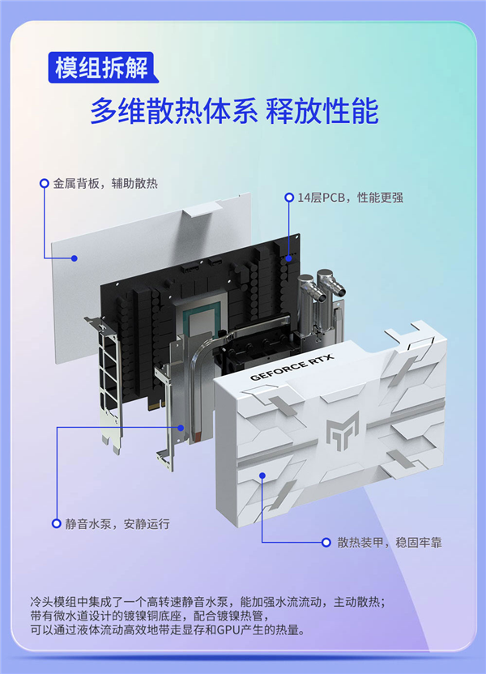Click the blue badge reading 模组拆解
[x=101, y=68]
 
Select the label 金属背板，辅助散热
[x=105, y=184]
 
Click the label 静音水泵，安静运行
[x=117, y=523]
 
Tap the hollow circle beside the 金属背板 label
[x=44, y=184]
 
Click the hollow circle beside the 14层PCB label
[x=288, y=197]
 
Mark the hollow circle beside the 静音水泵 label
[x=56, y=523]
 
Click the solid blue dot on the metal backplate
[x=75, y=258]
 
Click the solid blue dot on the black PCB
[x=289, y=258]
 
